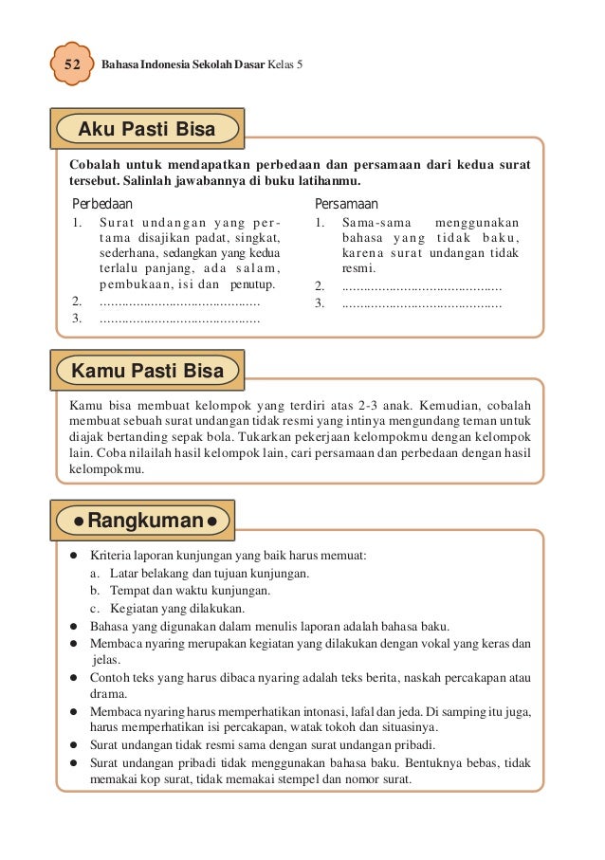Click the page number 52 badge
tap(71, 65)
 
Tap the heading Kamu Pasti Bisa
tap(148, 371)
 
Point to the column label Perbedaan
tap(102, 204)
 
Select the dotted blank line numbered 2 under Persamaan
tap(421, 285)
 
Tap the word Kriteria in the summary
tap(112, 555)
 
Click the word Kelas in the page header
tap(282, 65)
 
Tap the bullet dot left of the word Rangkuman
tap(70, 521)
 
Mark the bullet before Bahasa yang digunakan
tap(74, 627)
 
